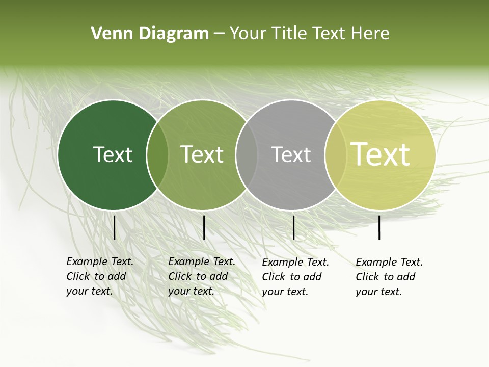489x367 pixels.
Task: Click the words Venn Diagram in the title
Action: [150, 34]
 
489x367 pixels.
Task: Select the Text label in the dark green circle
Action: [113, 154]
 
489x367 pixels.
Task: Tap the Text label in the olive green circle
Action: [202, 154]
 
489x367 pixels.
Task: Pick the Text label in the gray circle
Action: [291, 154]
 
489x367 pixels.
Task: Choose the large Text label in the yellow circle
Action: [381, 154]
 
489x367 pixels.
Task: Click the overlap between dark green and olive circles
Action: [157, 155]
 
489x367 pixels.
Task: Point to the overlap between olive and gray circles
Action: [247, 155]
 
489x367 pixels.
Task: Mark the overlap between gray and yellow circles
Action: [336, 155]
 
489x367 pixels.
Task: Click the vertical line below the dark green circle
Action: [115, 227]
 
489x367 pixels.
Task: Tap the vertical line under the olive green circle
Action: [204, 227]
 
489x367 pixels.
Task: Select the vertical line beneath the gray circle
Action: [293, 227]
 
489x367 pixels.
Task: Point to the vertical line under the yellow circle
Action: [379, 227]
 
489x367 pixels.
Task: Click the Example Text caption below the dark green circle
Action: [100, 276]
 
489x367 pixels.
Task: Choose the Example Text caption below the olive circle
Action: [202, 276]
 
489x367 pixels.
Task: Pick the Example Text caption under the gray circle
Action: [295, 277]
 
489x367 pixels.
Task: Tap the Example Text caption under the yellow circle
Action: [389, 277]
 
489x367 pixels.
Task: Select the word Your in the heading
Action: [248, 34]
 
